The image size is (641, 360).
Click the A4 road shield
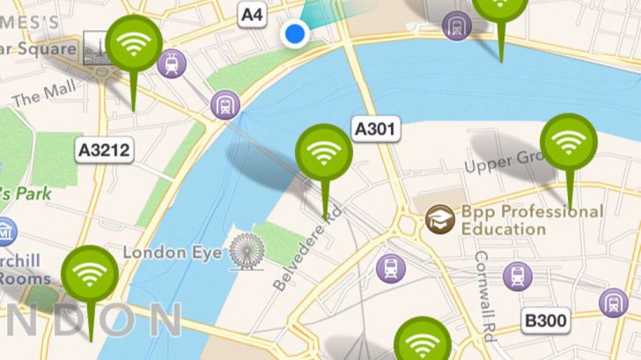tap(252, 13)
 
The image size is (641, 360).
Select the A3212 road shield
tap(104, 150)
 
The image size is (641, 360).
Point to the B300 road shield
tap(545, 321)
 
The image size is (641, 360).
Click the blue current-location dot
tap(294, 34)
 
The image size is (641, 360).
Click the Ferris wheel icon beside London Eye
tap(246, 253)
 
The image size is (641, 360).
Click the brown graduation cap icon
tap(440, 220)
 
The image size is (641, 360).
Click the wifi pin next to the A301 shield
tap(323, 152)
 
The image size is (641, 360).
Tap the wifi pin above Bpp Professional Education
tap(568, 142)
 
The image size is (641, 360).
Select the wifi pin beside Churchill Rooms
tap(89, 275)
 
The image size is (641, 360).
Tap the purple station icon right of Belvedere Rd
tap(391, 268)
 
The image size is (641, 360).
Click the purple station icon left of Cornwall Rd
tap(391, 268)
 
